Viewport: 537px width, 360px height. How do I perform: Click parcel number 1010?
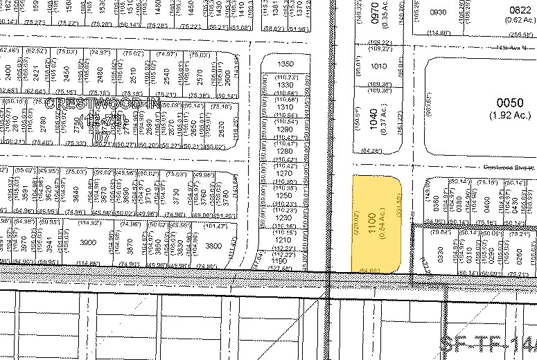(378, 67)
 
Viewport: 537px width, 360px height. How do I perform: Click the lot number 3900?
(88, 243)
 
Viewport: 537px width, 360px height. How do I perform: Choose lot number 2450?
(67, 72)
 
